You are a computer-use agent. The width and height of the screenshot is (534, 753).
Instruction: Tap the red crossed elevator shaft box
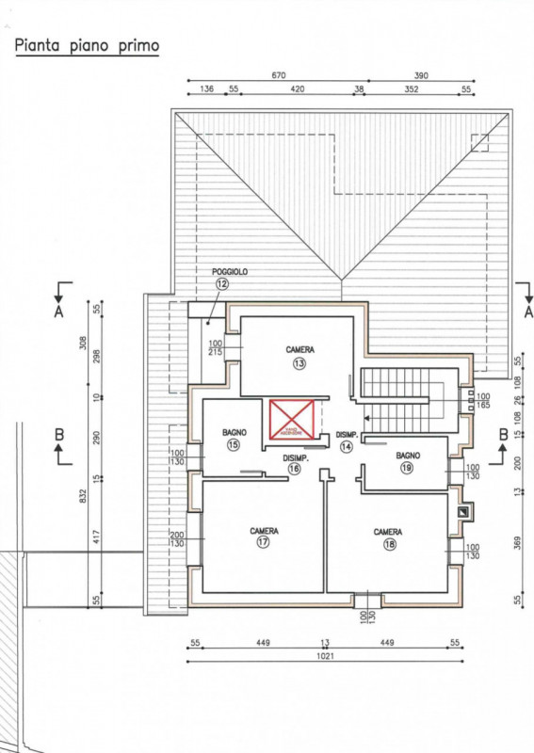coord(292,419)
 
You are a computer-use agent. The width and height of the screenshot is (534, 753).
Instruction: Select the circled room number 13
coord(299,363)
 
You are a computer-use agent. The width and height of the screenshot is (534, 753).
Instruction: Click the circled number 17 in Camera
coord(264,543)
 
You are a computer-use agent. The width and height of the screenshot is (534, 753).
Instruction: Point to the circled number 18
coord(388,544)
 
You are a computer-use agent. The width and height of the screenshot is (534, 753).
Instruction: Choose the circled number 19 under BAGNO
coord(407,467)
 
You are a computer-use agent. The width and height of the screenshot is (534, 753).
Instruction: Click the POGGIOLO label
coord(229,272)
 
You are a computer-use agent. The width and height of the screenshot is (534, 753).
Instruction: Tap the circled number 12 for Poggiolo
coord(222,283)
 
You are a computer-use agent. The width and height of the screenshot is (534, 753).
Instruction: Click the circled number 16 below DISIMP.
coord(295,468)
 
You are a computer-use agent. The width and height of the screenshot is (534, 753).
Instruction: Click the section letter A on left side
coord(58,313)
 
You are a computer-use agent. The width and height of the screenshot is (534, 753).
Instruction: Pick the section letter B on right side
coord(503,434)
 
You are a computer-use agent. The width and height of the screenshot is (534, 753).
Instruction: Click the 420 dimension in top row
coord(297,90)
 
